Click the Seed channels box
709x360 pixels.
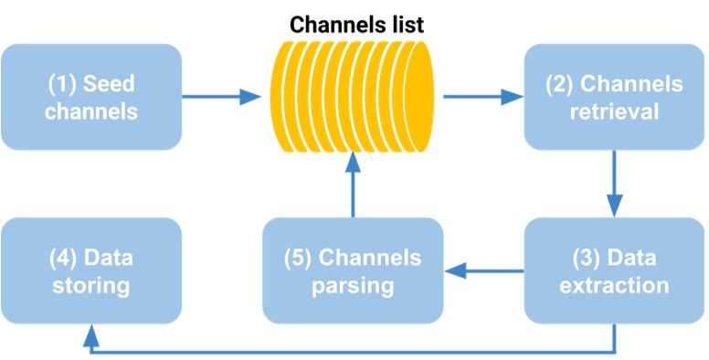coord(91,97)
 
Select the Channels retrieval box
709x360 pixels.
coord(613,97)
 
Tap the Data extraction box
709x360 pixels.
coord(613,270)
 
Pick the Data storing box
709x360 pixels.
coord(91,270)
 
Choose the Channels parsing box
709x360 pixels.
coord(353,270)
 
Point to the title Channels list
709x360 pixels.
coord(356,25)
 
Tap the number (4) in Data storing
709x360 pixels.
coord(63,258)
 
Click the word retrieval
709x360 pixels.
coord(613,111)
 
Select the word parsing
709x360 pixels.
coord(353,285)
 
